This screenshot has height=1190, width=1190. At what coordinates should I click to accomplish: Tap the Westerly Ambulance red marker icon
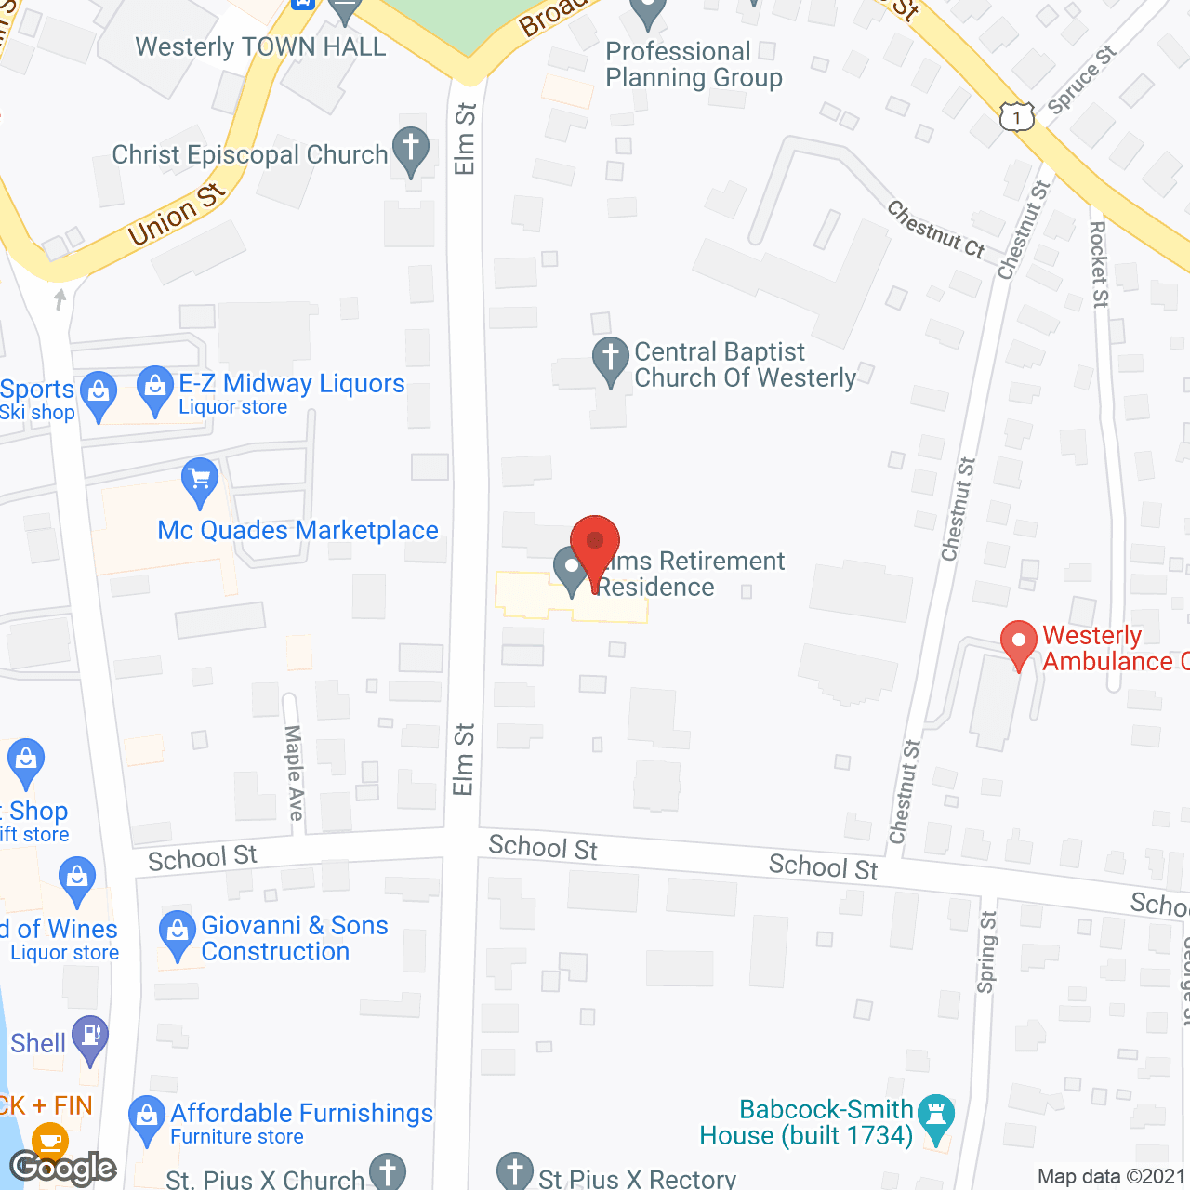point(1019,641)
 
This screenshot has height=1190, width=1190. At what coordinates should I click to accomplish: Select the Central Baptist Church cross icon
point(611,358)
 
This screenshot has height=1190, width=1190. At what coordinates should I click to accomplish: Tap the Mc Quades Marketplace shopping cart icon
point(200,480)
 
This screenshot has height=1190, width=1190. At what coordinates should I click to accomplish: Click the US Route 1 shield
point(1017,117)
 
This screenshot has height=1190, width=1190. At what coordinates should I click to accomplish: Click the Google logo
point(62,1168)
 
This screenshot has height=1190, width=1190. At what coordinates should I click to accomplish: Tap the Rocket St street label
point(1099,264)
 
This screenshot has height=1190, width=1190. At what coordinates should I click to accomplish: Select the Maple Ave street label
point(294,773)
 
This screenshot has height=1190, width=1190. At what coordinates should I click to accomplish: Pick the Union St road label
point(177,215)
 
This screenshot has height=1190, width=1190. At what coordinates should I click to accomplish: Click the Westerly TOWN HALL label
point(260,47)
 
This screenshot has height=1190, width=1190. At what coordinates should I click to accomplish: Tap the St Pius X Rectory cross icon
point(514,1171)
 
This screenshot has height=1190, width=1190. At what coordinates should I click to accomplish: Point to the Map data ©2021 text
point(1111,1177)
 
